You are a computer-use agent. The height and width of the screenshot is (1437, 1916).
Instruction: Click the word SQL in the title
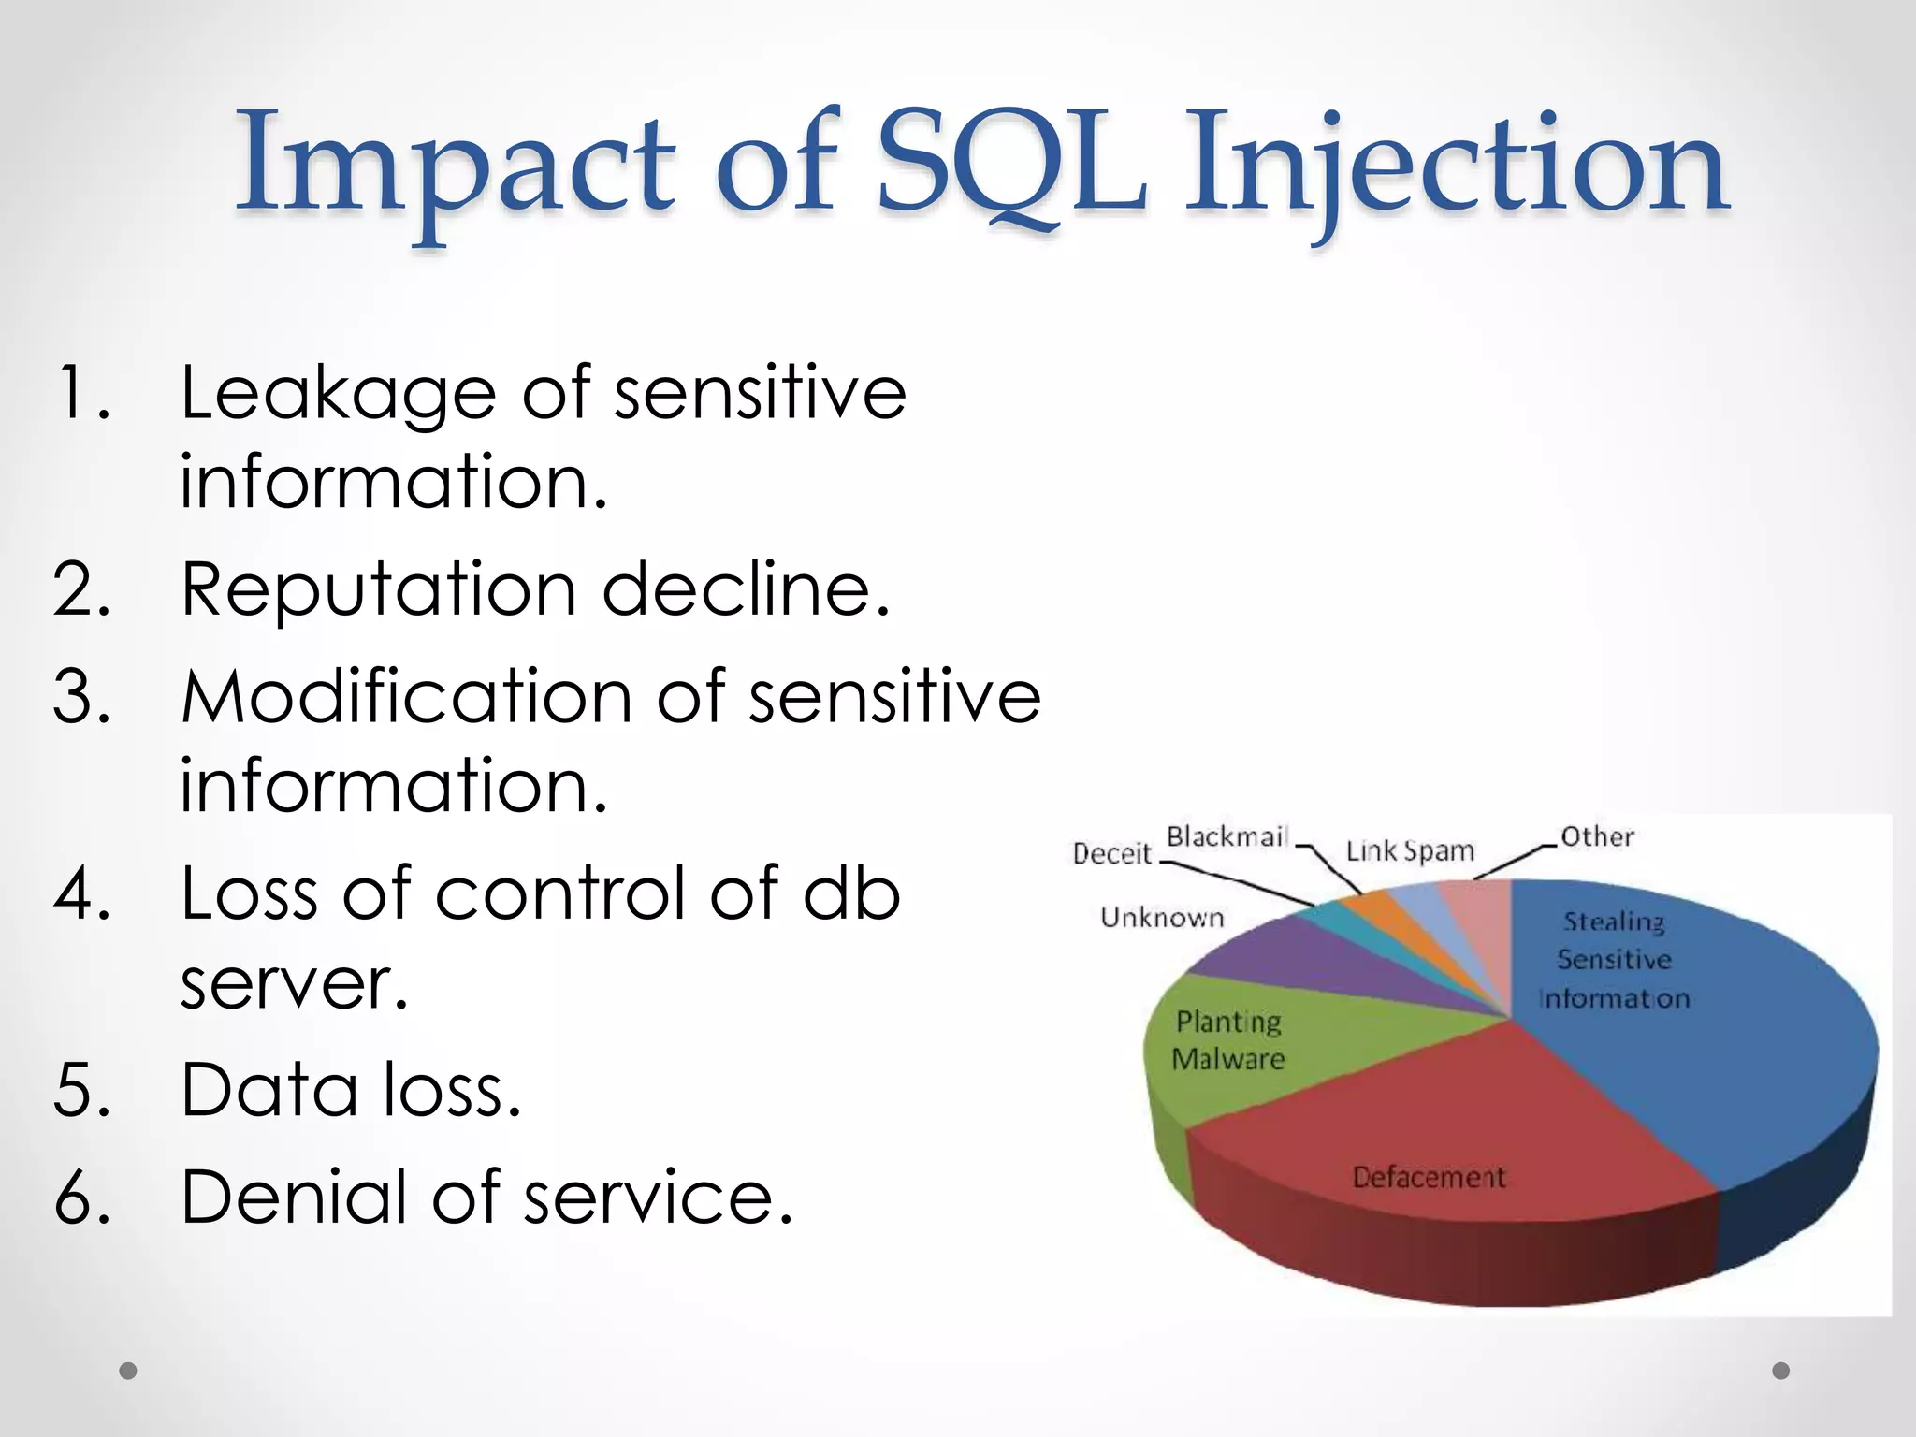coord(1012,161)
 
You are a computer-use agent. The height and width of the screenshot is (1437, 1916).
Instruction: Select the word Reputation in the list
coord(379,591)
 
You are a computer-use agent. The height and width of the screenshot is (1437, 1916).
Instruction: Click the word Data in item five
coord(269,1091)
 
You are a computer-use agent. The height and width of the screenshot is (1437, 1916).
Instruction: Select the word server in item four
coord(294,984)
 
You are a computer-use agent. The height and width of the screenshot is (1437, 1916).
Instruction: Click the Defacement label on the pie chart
coord(1429,1177)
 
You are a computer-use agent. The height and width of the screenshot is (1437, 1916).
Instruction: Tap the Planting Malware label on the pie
coord(1228,1040)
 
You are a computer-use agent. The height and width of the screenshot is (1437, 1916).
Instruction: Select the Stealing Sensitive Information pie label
coord(1614,960)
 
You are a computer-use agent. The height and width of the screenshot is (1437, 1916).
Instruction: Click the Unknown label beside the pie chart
coord(1162,918)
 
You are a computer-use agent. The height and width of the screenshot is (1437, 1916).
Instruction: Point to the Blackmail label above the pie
coord(1227,836)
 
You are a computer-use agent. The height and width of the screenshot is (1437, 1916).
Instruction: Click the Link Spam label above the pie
coord(1409,851)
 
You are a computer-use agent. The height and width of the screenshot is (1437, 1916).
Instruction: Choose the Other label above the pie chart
coord(1597,836)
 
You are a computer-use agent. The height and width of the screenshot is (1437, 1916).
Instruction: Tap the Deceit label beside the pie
coord(1111,853)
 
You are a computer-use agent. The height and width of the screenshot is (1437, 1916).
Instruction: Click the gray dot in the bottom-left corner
coord(128,1371)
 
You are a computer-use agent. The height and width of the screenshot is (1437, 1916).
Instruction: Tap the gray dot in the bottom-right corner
coord(1781,1371)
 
